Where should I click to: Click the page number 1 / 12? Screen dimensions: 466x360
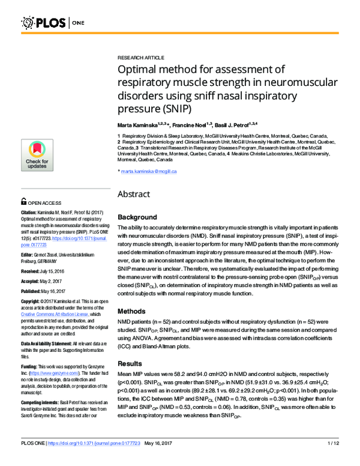(334, 460)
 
